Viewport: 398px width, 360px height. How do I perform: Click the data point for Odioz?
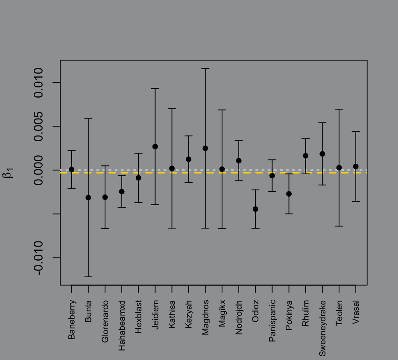pos(255,209)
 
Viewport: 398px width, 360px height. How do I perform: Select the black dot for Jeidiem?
pos(155,146)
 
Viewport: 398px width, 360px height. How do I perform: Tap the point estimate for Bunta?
pos(88,197)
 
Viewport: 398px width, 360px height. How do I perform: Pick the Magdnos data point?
pos(205,148)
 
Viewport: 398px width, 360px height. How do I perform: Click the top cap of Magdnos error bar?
pos(205,68)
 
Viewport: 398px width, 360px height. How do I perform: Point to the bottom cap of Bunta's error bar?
pos(88,277)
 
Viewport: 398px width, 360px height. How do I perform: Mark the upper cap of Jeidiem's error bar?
pos(155,88)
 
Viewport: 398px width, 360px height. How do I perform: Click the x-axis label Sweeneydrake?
pos(323,328)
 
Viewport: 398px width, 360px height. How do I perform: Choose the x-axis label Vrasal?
pos(356,313)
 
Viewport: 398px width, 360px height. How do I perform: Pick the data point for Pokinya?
pos(289,194)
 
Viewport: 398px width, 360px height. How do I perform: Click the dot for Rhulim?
pos(306,156)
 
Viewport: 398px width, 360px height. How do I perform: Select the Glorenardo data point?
pos(105,197)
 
